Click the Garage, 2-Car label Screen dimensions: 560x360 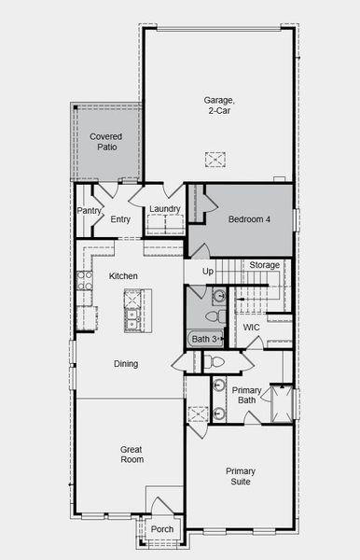[219, 105]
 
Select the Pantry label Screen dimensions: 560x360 [89, 211]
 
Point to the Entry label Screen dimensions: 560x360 [120, 219]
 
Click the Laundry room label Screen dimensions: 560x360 [164, 209]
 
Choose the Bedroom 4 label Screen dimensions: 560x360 [249, 219]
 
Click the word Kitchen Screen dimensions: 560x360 [123, 276]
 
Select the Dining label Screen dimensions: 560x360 [126, 364]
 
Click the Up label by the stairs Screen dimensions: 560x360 [207, 271]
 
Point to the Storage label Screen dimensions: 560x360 [264, 265]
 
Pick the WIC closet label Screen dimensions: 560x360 [252, 328]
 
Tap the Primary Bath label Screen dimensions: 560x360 [247, 396]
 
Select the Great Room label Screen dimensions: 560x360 [132, 455]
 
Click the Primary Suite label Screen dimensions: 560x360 [241, 476]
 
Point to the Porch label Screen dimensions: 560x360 [162, 529]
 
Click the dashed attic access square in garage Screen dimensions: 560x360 [216, 160]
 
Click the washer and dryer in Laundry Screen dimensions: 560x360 [166, 224]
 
